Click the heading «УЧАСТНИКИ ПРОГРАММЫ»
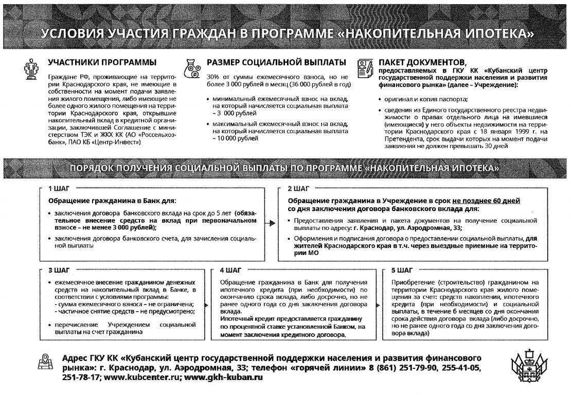[102, 62]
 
